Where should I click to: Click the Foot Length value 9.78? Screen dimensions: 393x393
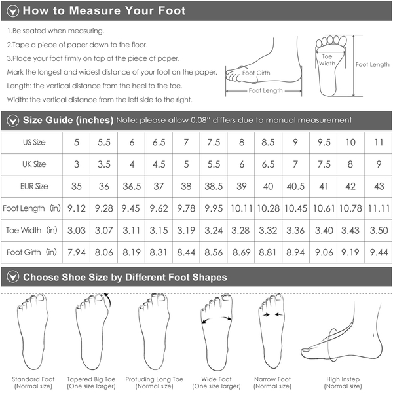pyautogui.click(x=186, y=208)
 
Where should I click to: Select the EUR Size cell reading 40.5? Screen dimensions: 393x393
pyautogui.click(x=295, y=186)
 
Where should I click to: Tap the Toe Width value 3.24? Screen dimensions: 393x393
pyautogui.click(x=214, y=230)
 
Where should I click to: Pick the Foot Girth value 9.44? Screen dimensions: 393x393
pyautogui.click(x=379, y=252)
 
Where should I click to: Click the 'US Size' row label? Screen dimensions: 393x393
pyautogui.click(x=34, y=142)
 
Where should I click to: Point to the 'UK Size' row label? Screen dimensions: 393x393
pyautogui.click(x=34, y=164)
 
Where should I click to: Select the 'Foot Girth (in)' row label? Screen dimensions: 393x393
pyautogui.click(x=31, y=252)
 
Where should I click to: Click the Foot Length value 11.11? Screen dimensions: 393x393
pyautogui.click(x=379, y=208)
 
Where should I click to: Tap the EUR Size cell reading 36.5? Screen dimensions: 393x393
pyautogui.click(x=132, y=186)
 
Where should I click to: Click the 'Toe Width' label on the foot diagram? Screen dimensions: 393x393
pyautogui.click(x=327, y=60)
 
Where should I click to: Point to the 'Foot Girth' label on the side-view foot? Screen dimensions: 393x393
pyautogui.click(x=256, y=73)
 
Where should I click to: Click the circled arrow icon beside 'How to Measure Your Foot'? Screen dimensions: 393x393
pyautogui.click(x=13, y=11)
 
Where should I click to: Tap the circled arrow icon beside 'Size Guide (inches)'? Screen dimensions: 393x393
pyautogui.click(x=13, y=121)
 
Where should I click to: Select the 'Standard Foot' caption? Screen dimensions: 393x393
pyautogui.click(x=33, y=379)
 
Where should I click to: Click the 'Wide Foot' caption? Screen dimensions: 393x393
pyautogui.click(x=216, y=379)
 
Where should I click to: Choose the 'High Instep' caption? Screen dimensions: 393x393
pyautogui.click(x=343, y=379)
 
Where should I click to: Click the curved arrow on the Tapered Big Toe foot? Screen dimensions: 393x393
pyautogui.click(x=109, y=299)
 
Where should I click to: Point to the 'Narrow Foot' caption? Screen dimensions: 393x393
pyautogui.click(x=272, y=379)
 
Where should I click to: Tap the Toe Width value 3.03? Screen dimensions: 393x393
pyautogui.click(x=77, y=230)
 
